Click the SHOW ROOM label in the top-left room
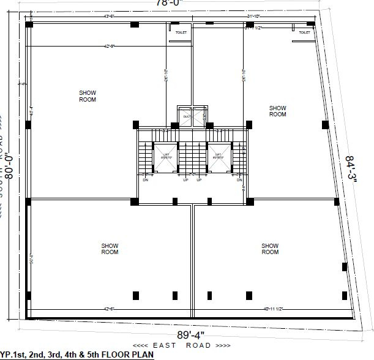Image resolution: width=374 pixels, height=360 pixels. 88,96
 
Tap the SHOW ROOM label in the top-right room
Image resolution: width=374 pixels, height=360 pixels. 277,111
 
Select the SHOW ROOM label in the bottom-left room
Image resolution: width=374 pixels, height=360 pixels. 110,249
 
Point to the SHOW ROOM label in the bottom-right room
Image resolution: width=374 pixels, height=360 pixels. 270,249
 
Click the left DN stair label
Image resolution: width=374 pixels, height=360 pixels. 146,180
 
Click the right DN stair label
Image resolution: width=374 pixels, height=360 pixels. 239,180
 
